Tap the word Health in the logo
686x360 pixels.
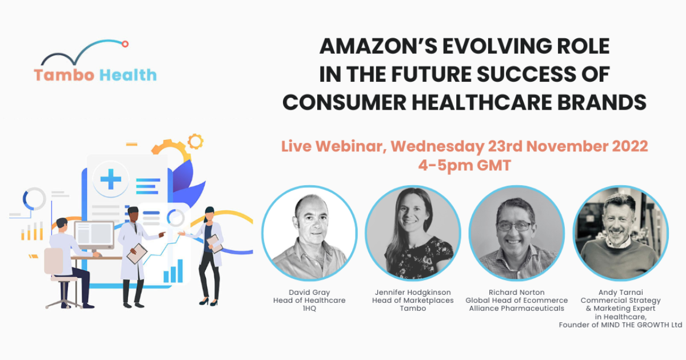[127, 75]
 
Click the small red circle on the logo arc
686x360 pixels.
[125, 44]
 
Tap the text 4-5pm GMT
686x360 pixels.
[464, 165]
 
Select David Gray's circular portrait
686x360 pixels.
[309, 233]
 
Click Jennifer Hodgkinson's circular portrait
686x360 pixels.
[413, 233]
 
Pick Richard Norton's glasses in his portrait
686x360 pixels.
[514, 226]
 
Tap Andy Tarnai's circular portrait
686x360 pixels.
[620, 233]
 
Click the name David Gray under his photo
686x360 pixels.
[309, 293]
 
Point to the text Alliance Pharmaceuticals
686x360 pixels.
[516, 309]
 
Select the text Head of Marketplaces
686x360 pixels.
[413, 301]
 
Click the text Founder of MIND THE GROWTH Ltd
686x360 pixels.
[620, 325]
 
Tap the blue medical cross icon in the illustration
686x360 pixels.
[111, 179]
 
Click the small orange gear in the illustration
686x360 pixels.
[196, 141]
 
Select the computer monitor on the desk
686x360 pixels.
[94, 235]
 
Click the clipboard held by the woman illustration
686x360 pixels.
[214, 243]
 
